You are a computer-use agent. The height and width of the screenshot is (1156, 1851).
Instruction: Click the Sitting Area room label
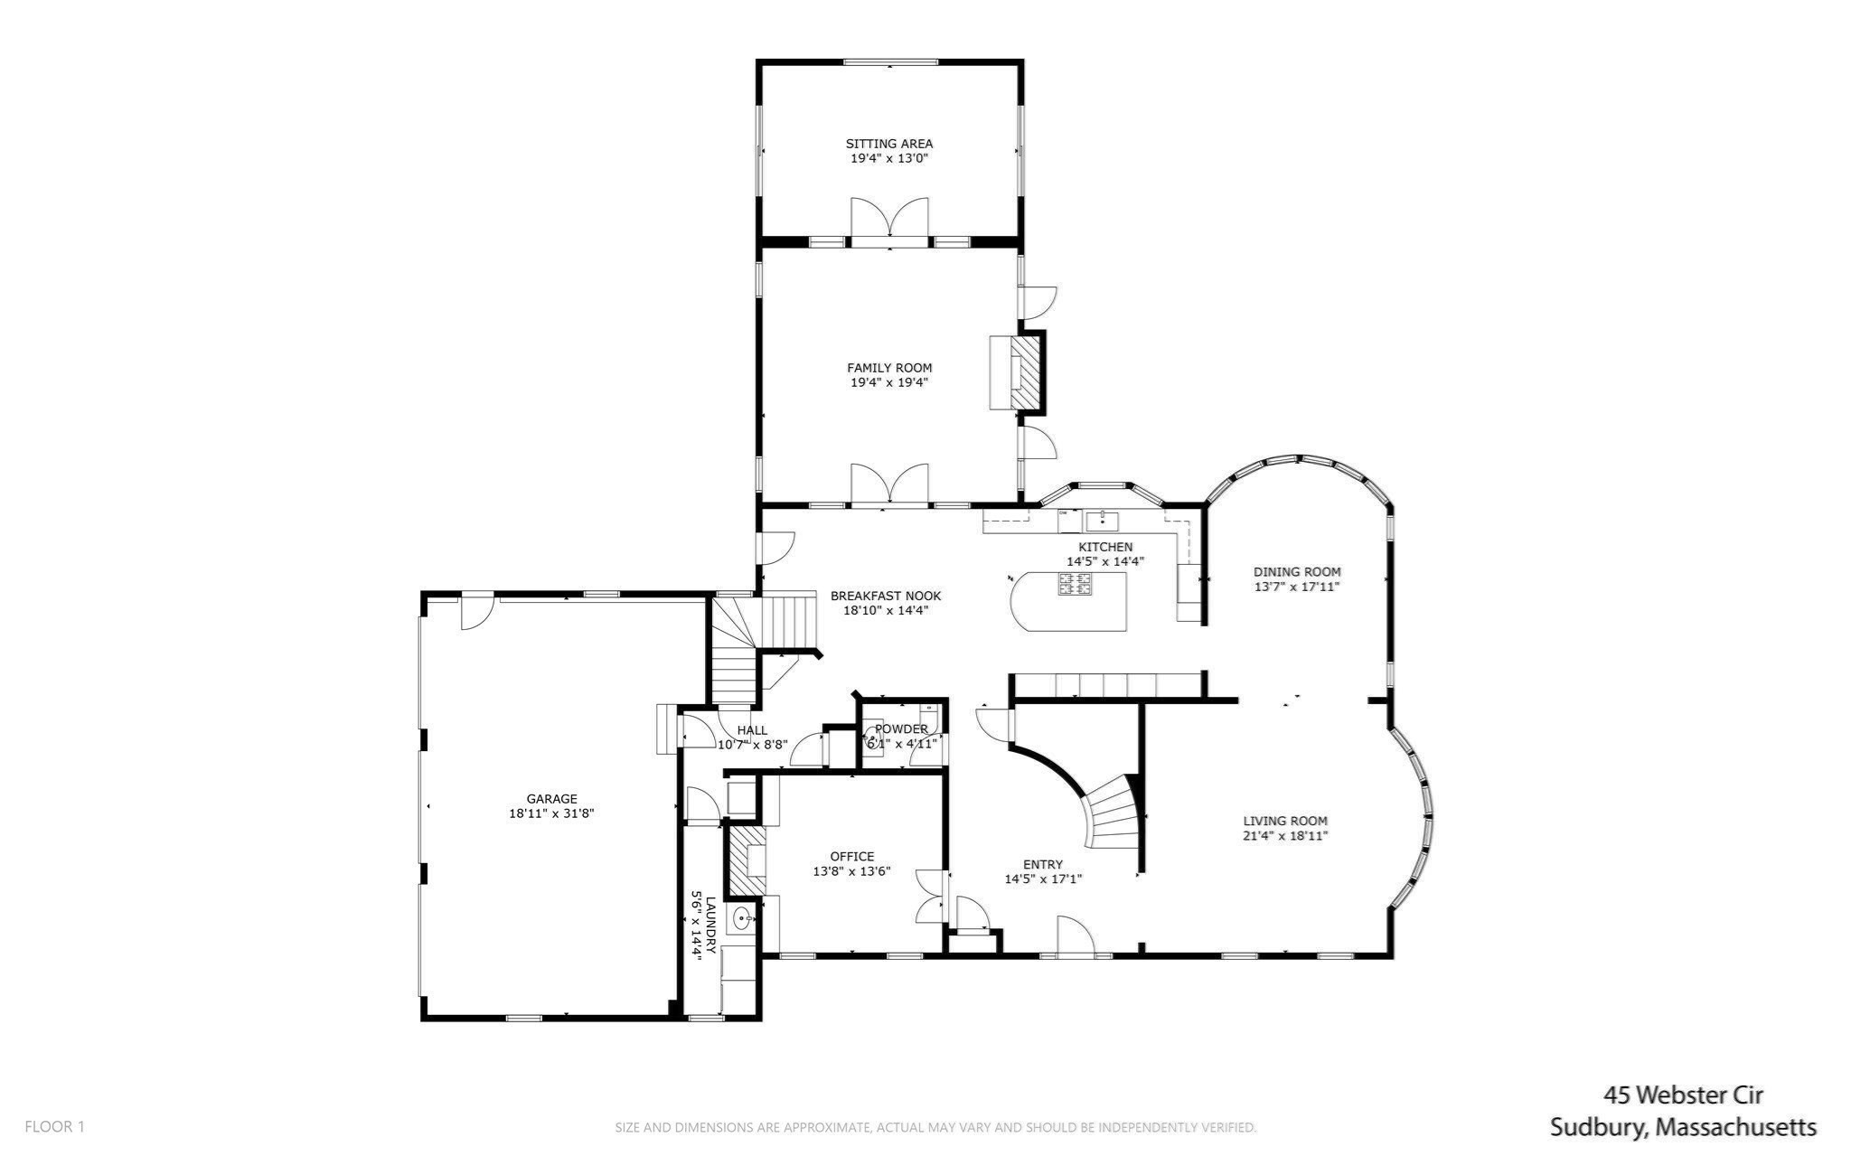(888, 143)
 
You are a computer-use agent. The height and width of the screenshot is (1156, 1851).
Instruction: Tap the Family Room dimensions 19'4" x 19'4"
(888, 382)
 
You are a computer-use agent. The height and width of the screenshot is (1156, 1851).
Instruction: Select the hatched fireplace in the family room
(1025, 371)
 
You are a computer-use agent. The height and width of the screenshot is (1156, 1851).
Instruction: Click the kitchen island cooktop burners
(1074, 584)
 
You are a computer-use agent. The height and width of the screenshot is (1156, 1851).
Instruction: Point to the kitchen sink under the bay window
(1102, 520)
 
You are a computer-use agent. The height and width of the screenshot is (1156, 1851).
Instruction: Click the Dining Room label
(1296, 571)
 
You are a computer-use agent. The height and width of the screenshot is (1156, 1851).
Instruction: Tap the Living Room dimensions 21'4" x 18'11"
(1284, 836)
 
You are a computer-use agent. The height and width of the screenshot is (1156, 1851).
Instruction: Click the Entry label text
(1042, 864)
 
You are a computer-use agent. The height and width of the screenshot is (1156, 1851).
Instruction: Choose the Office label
(851, 856)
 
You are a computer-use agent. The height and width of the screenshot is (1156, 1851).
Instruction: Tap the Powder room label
(900, 729)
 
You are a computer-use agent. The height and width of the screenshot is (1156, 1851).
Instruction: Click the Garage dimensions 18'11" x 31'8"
(550, 813)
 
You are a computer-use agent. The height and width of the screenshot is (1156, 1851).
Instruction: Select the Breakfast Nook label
(885, 596)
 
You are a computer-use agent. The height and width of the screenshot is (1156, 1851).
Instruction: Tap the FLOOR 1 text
(54, 1126)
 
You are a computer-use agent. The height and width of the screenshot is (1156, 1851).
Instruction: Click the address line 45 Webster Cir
(1683, 1095)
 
